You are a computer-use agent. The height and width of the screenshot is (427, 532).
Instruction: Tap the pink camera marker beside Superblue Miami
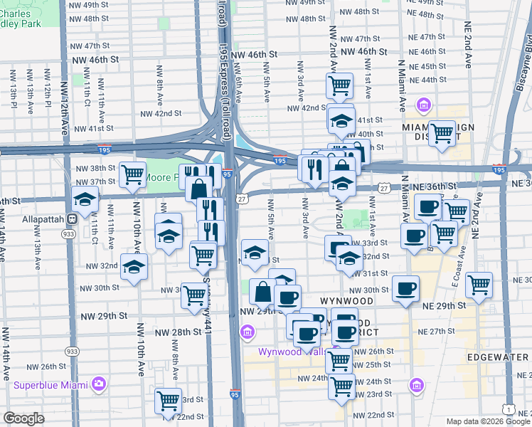click(x=99, y=384)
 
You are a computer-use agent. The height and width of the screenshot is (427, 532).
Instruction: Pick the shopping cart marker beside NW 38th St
click(x=132, y=174)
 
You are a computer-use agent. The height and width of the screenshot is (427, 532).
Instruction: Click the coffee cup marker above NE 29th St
click(x=406, y=288)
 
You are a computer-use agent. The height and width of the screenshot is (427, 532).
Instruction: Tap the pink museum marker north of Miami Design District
click(x=423, y=107)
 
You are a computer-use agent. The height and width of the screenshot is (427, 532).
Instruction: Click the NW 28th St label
click(x=179, y=332)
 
